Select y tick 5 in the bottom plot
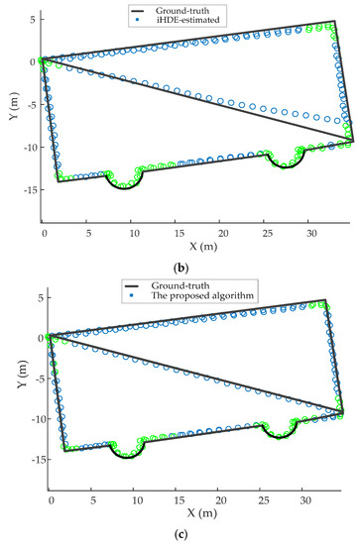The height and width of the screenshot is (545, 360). click(33, 297)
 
